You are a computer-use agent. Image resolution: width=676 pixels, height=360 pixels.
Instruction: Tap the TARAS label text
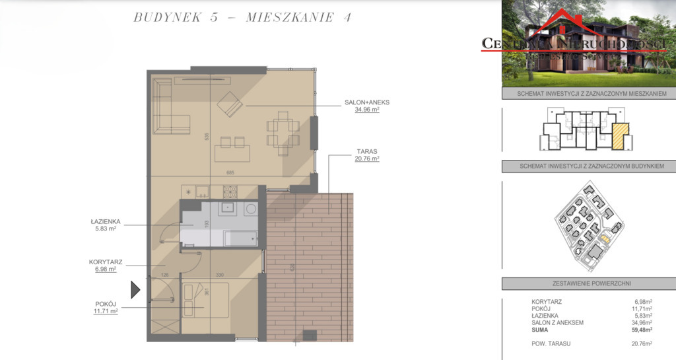point(367,151)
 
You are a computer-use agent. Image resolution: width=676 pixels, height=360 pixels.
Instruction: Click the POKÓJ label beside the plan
point(106,303)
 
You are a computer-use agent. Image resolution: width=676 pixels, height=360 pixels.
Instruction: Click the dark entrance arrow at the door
point(135,289)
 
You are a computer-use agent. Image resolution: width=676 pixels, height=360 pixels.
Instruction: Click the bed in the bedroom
point(205,299)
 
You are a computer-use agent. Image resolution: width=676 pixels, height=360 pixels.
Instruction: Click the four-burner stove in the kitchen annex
point(230,192)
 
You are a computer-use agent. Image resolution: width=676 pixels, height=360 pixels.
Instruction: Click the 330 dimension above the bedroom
point(221,275)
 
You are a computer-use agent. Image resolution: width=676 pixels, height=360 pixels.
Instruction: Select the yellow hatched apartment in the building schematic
point(619,135)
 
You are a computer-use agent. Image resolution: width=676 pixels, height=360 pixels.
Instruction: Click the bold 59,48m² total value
point(640,330)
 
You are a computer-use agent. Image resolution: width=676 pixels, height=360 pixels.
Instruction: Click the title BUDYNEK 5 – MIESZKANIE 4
point(242,18)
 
